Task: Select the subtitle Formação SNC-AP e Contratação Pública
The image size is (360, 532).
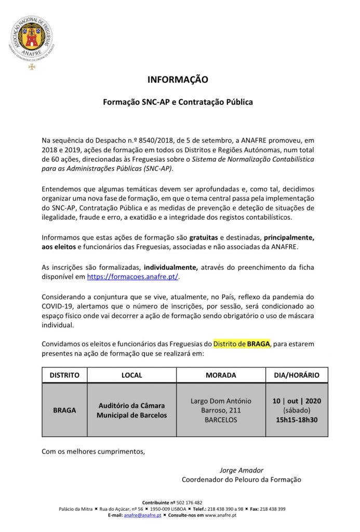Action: (178, 102)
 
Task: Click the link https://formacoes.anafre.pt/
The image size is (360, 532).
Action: (132, 277)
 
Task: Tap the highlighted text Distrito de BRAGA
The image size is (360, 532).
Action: (242, 344)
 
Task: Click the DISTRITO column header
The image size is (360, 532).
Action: (64, 375)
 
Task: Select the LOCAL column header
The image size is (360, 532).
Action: (131, 375)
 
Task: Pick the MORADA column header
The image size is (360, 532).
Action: (221, 375)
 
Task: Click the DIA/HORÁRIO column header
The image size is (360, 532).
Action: (297, 375)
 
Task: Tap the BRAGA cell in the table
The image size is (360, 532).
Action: (64, 410)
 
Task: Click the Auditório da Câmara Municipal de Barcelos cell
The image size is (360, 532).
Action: (132, 410)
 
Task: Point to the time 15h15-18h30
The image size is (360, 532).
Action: (297, 419)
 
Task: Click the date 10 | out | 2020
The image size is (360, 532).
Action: (297, 401)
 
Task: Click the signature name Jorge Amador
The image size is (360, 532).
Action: (241, 470)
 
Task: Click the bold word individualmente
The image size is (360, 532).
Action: (171, 267)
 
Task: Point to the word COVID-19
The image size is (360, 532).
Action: (58, 307)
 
